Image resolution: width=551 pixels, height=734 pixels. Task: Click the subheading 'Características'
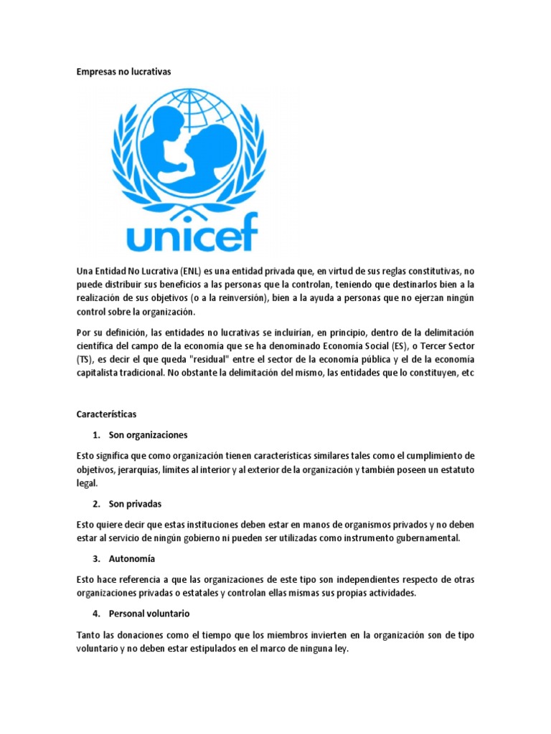(x=106, y=414)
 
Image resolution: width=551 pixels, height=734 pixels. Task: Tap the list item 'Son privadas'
(x=136, y=504)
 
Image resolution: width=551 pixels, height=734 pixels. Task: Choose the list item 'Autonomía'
(x=132, y=558)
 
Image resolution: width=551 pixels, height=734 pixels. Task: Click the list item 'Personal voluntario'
(x=149, y=614)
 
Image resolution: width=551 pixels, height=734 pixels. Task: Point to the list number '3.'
(x=97, y=558)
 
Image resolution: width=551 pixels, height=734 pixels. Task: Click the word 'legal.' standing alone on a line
(x=87, y=483)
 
